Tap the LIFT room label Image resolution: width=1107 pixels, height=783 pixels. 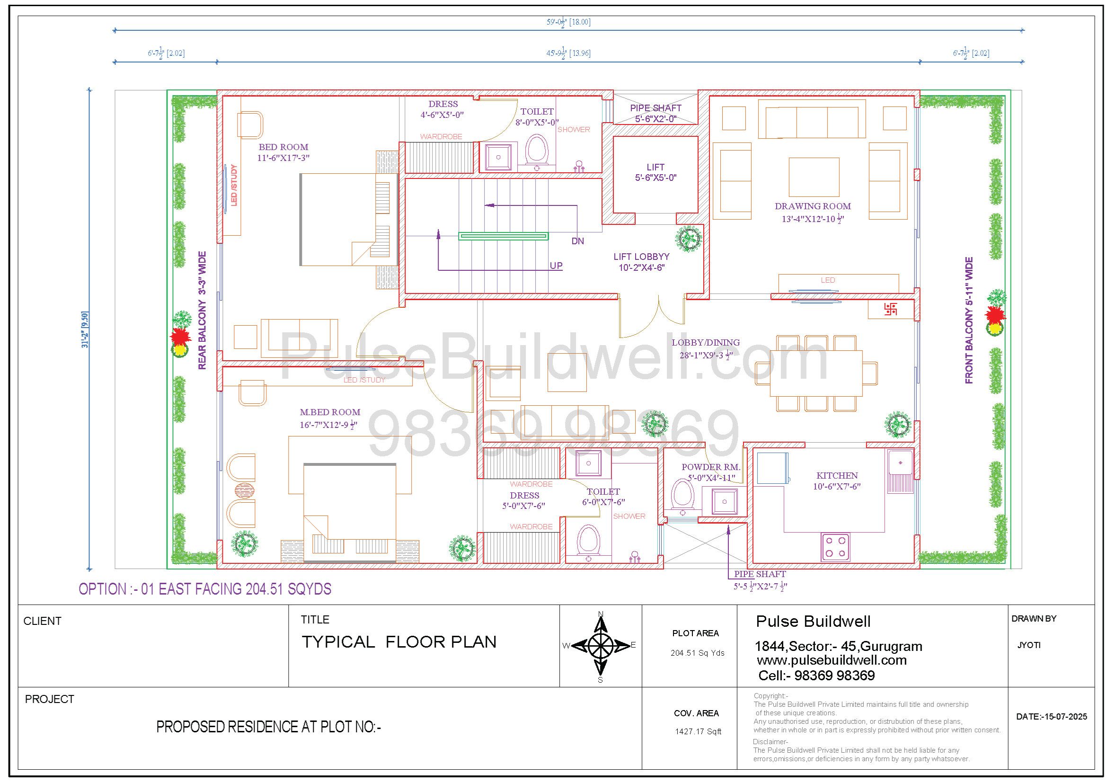tap(655, 167)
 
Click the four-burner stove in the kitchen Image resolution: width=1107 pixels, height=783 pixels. tap(835, 547)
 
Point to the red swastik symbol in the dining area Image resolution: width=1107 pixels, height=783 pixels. tap(891, 309)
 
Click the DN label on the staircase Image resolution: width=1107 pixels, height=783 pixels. tap(577, 241)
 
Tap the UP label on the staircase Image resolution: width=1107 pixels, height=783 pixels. tap(556, 266)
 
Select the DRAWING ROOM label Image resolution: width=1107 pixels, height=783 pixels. tap(813, 206)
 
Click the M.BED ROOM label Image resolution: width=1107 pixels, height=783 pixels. tap(330, 412)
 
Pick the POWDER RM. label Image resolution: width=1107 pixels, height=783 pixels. tap(711, 467)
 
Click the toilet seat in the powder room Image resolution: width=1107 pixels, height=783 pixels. tap(682, 495)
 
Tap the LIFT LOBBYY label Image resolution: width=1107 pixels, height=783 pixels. tap(641, 257)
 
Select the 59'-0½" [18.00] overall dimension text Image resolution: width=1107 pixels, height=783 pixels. tap(568, 22)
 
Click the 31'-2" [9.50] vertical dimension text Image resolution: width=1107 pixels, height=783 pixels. tap(85, 330)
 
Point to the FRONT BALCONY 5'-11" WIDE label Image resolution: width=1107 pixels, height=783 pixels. tap(969, 320)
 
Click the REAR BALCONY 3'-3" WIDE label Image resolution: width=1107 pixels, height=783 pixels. tap(202, 311)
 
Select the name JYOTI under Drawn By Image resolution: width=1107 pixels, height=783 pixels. tap(1029, 645)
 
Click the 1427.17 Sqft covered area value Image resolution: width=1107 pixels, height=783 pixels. tap(698, 731)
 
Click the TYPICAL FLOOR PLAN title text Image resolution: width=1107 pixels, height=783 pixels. tap(399, 642)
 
